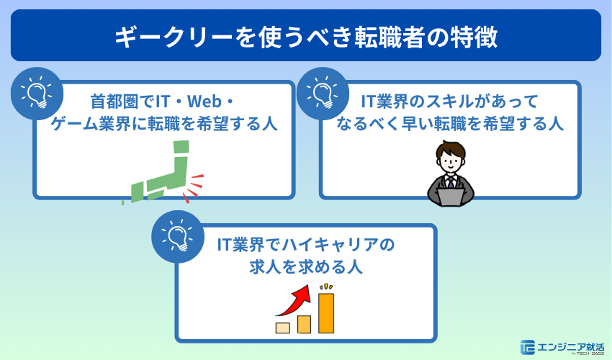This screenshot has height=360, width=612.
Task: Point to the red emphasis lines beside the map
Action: pos(193,186)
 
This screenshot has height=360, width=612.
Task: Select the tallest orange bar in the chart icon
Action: pos(326,312)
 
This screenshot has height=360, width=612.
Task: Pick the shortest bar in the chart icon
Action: pos(283,328)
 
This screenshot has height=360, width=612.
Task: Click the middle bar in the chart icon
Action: pos(305,324)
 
